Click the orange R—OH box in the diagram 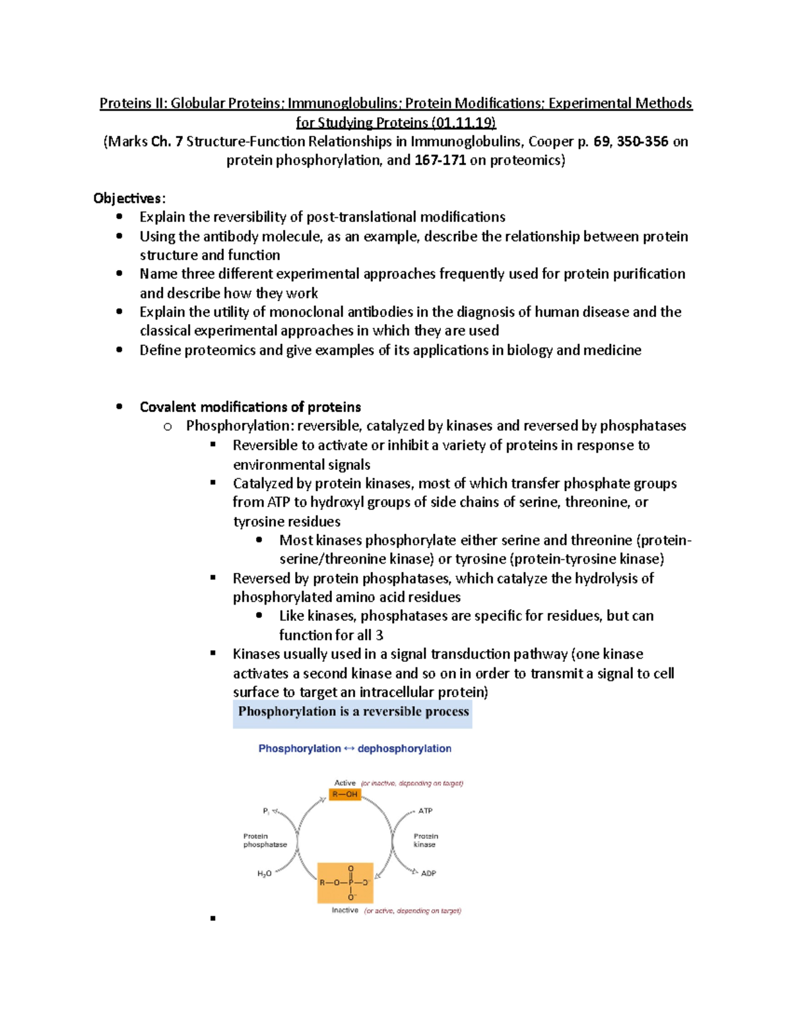(x=345, y=794)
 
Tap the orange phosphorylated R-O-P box (x=345, y=882)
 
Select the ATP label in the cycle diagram (x=425, y=810)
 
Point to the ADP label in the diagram (x=428, y=873)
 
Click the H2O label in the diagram (x=264, y=874)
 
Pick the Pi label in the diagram (x=266, y=811)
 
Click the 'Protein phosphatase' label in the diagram (x=265, y=840)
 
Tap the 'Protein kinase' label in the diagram (x=426, y=840)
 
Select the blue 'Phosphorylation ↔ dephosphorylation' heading (x=354, y=748)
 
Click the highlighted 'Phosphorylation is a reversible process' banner (x=352, y=711)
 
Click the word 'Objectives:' (x=129, y=198)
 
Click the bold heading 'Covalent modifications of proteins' (x=250, y=407)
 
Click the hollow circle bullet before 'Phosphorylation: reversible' (x=168, y=427)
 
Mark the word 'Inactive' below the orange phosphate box (x=345, y=910)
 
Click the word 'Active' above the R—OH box (x=345, y=783)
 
